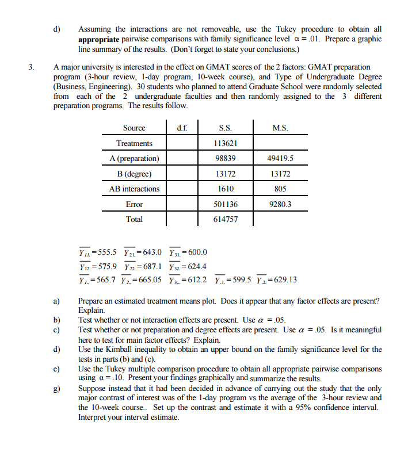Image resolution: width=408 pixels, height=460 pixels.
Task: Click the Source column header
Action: (134, 128)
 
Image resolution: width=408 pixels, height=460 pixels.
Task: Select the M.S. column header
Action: (280, 128)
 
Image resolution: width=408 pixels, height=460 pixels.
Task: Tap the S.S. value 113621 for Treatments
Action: (225, 143)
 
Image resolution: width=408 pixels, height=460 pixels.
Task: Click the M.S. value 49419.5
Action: (280, 158)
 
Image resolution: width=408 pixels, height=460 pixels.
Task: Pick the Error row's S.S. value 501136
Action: (225, 204)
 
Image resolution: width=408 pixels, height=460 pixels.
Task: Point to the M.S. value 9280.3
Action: (280, 204)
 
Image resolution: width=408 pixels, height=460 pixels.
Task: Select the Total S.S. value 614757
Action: (225, 219)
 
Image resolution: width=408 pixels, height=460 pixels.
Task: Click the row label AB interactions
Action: (134, 189)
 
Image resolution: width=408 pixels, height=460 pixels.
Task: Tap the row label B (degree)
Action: (134, 174)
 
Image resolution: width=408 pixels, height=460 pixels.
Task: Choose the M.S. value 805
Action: (280, 189)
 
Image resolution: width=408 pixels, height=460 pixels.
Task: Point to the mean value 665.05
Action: (148, 280)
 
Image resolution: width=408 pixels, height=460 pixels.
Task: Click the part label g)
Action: (57, 389)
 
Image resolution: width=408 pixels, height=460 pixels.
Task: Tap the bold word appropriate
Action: (99, 39)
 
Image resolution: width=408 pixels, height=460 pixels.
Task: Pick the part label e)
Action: (57, 369)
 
